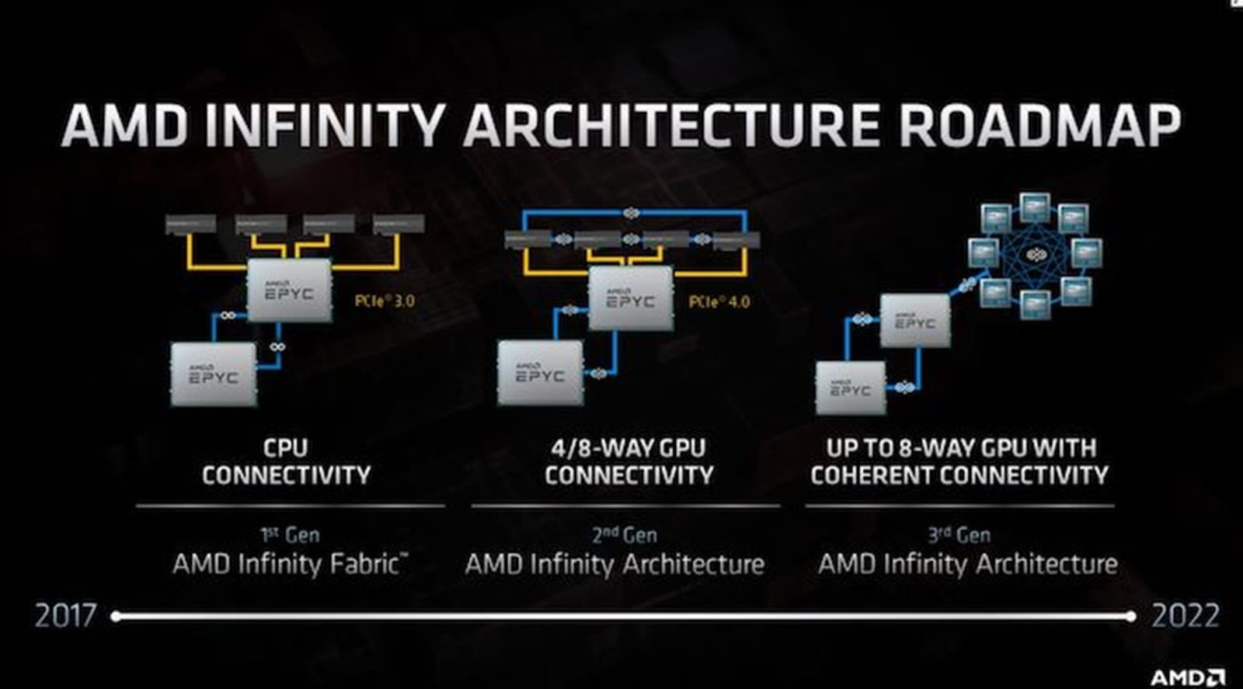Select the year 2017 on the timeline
66,616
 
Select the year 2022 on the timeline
1186,616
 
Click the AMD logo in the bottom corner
1187,677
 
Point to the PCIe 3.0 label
385,301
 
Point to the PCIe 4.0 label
719,301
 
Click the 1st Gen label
290,534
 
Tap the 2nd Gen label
625,534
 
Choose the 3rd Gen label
959,534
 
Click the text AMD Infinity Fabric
289,564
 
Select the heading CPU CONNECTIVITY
286,461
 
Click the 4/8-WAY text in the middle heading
591,447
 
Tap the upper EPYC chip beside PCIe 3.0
289,291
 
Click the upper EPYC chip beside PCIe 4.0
630,298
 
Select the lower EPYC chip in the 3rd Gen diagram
851,388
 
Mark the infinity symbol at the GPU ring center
1036,255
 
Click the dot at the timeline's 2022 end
1130,616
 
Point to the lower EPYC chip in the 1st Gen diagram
214,374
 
